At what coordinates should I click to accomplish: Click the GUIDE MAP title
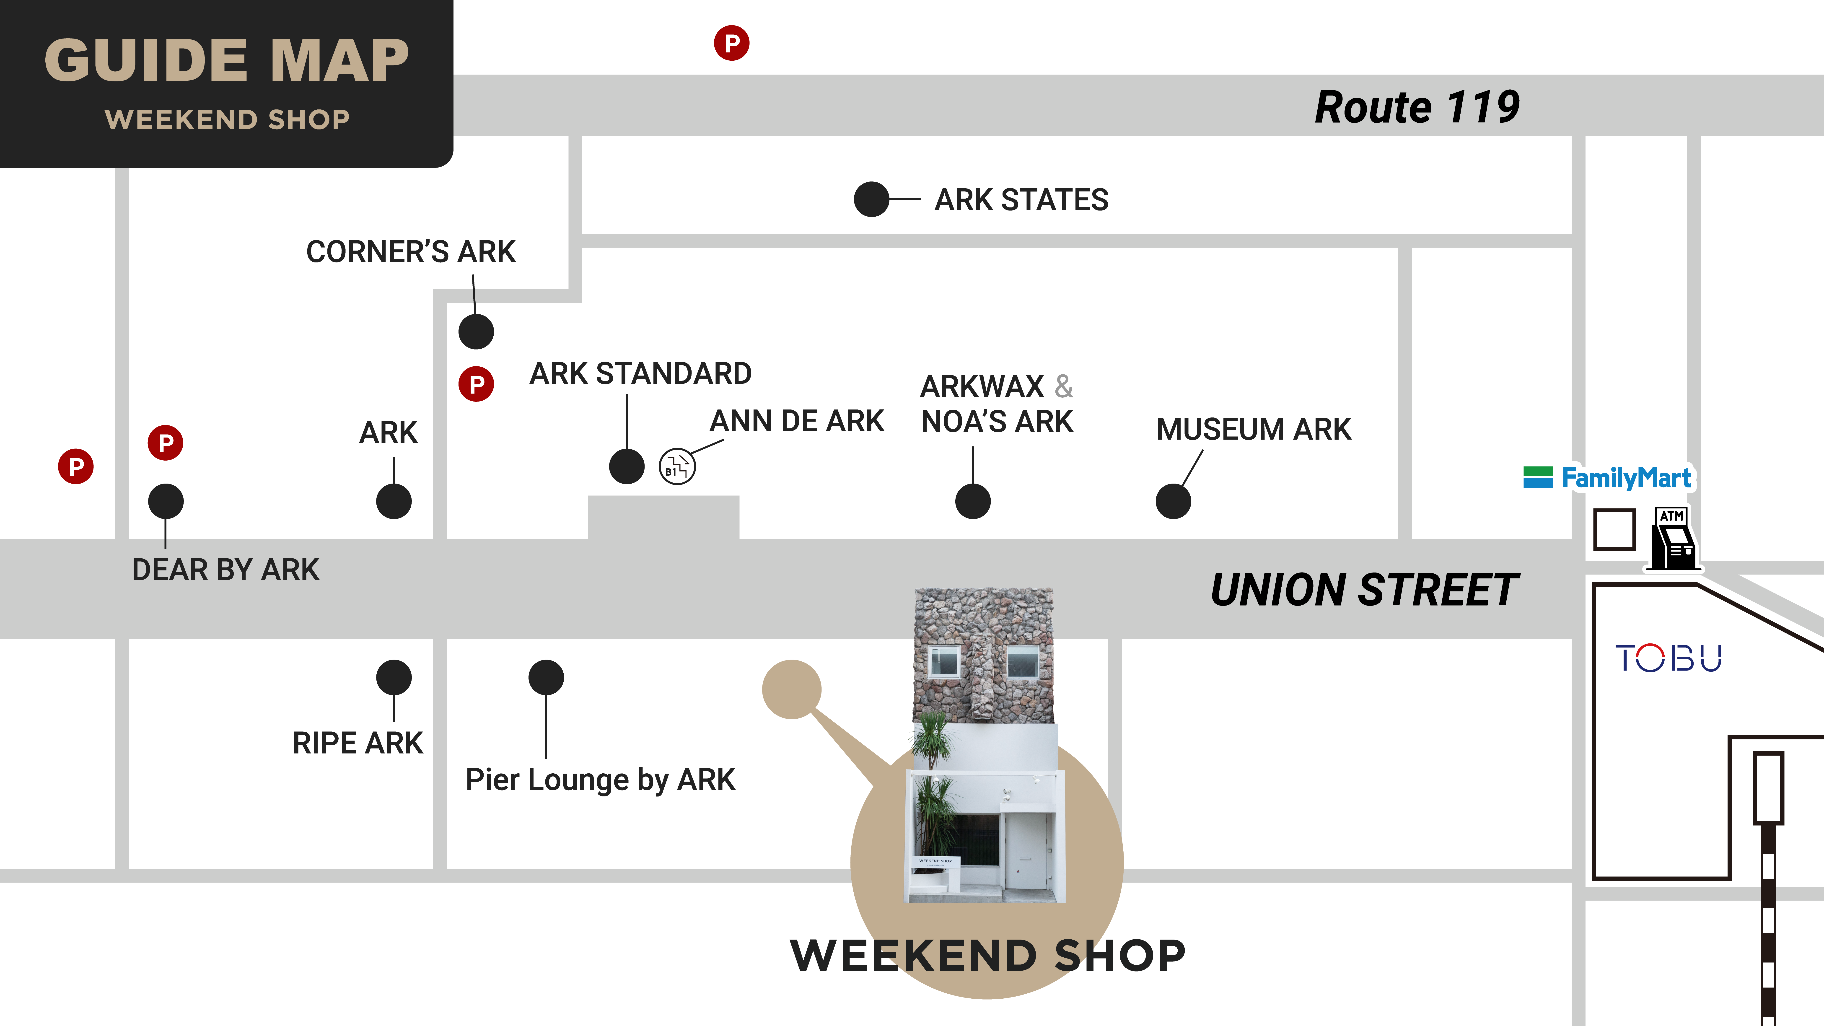coord(227,60)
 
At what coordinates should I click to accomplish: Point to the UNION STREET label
coord(1364,590)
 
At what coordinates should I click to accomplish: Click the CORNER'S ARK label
coord(411,251)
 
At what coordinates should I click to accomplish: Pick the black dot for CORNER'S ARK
coord(476,331)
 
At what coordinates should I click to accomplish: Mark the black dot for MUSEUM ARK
coord(1173,501)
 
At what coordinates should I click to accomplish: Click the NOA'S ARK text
coord(997,421)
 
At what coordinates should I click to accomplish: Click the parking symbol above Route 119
coord(731,43)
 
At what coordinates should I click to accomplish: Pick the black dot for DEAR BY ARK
coord(166,501)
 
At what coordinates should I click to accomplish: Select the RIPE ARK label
coord(358,743)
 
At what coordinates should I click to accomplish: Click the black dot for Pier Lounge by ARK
coord(546,678)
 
